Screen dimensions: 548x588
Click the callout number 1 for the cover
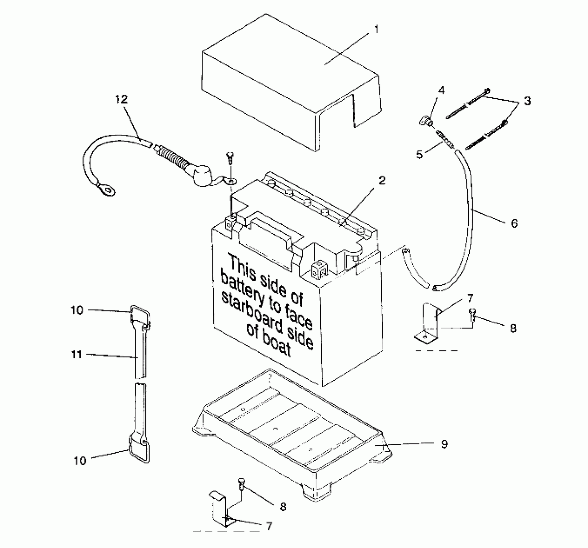(376, 30)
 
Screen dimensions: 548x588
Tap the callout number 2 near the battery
(382, 181)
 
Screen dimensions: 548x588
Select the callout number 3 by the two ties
(527, 101)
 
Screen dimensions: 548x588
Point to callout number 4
(441, 90)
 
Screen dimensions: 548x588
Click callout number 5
(419, 154)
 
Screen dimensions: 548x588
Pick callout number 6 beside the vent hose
(514, 223)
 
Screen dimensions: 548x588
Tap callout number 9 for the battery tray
(444, 444)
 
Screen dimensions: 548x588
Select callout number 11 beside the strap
(76, 355)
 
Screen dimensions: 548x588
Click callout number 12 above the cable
(122, 99)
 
